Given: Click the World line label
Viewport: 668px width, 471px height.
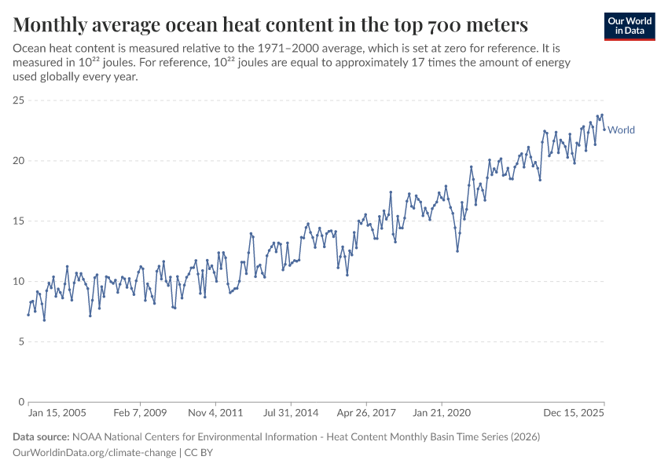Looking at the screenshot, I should coord(621,130).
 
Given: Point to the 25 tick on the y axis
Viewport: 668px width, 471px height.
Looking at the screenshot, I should coord(19,100).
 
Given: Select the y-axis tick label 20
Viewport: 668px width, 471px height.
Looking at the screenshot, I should coord(19,161).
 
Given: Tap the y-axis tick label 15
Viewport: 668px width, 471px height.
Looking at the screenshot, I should coord(19,221).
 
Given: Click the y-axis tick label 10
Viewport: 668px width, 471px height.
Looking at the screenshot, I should coord(19,281).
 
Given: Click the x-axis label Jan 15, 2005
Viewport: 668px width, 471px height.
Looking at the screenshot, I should coord(57,412).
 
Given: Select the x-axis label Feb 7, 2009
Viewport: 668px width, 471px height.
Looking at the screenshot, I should coord(139,412).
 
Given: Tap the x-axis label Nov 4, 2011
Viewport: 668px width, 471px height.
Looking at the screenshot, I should coord(215,412).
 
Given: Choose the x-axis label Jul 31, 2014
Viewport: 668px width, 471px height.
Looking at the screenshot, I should coord(291,412).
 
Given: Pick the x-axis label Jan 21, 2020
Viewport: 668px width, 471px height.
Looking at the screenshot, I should coord(442,412).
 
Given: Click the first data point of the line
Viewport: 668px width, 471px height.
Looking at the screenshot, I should coord(28,315).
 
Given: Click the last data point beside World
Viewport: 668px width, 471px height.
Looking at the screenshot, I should coord(604,130).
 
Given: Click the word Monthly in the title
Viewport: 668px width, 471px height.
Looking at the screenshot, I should coord(50,24).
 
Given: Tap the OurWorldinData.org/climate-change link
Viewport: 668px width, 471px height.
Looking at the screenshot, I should coord(95,453).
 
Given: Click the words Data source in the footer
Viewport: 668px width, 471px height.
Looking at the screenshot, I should coord(40,437).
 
